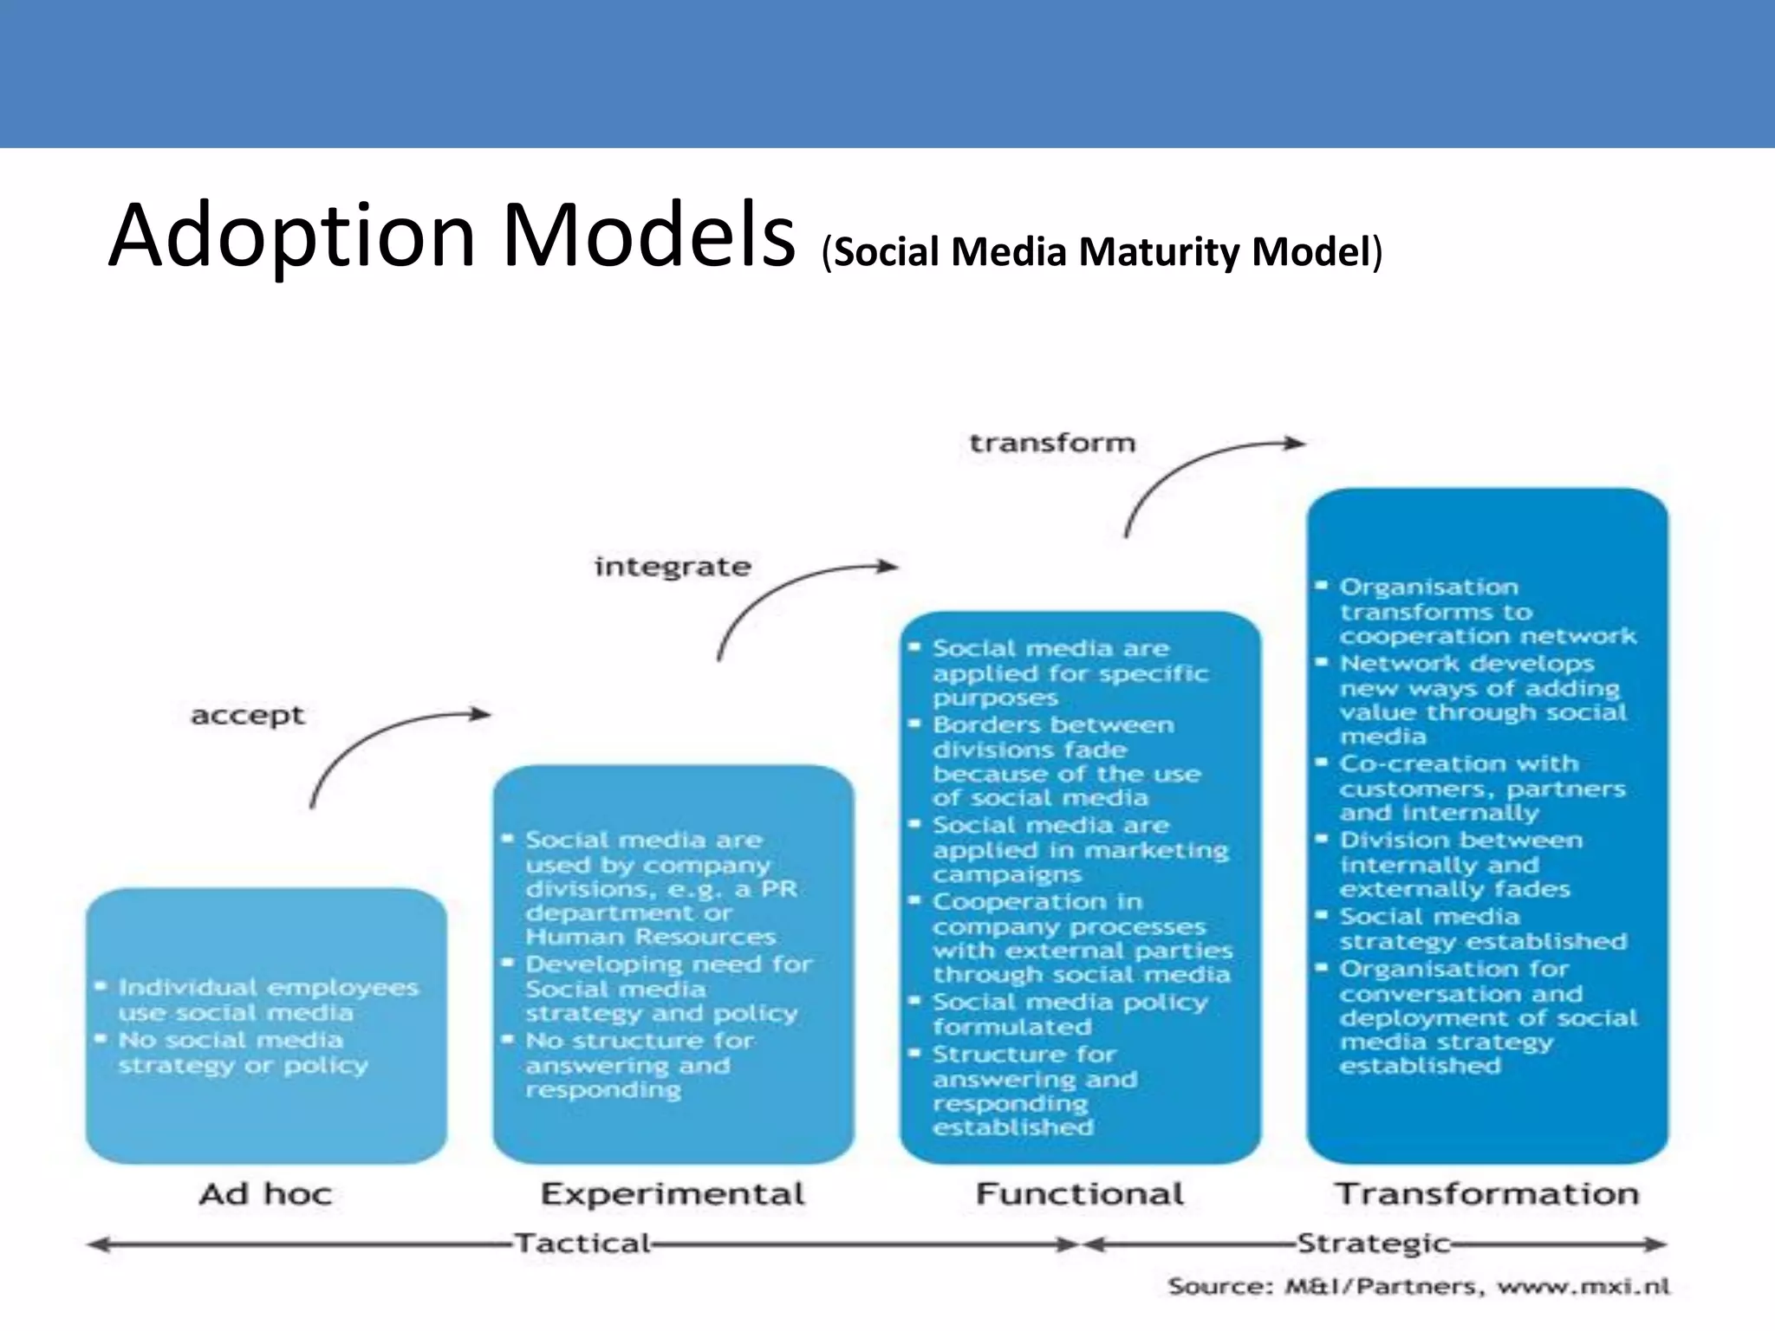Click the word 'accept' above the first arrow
pyautogui.click(x=248, y=716)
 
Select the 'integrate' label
pyautogui.click(x=673, y=567)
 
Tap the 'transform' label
pyautogui.click(x=1051, y=443)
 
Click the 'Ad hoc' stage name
pyautogui.click(x=265, y=1194)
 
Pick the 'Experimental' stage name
pyautogui.click(x=673, y=1194)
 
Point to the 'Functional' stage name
pyautogui.click(x=1080, y=1194)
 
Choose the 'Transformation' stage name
pyautogui.click(x=1487, y=1194)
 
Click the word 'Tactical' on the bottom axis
pyautogui.click(x=582, y=1243)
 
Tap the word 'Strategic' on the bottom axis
pyautogui.click(x=1374, y=1243)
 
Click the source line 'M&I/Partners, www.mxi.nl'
pyautogui.click(x=1419, y=1286)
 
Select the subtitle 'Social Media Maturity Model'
pyautogui.click(x=1102, y=252)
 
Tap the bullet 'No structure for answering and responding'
pyautogui.click(x=640, y=1065)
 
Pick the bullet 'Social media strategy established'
pyautogui.click(x=1482, y=929)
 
